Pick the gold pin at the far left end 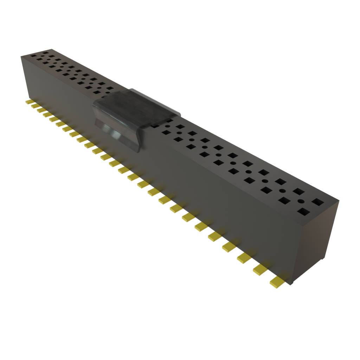click(28, 102)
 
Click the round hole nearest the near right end click(301, 201)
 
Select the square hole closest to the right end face click(318, 202)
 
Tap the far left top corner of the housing click(20, 55)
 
